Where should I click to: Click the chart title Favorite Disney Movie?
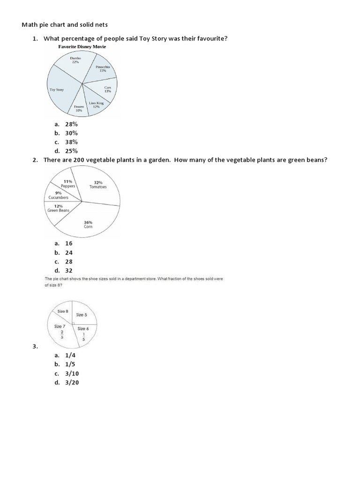point(82,47)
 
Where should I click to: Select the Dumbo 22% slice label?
point(75,60)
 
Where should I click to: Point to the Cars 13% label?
point(107,89)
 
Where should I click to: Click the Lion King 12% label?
point(96,105)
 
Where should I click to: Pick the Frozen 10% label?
point(78,108)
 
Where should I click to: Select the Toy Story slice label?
point(57,90)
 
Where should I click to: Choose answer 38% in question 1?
point(71,142)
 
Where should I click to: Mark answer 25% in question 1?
point(71,151)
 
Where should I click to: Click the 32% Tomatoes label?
point(98,184)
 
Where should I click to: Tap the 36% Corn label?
point(88,224)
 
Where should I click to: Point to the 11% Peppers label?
point(68,184)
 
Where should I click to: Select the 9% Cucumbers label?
point(58,195)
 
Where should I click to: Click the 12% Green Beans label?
point(58,208)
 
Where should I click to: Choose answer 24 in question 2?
point(69,253)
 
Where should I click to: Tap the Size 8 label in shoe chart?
point(63,311)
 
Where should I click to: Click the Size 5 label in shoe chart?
point(82,315)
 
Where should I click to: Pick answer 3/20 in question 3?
point(71,382)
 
